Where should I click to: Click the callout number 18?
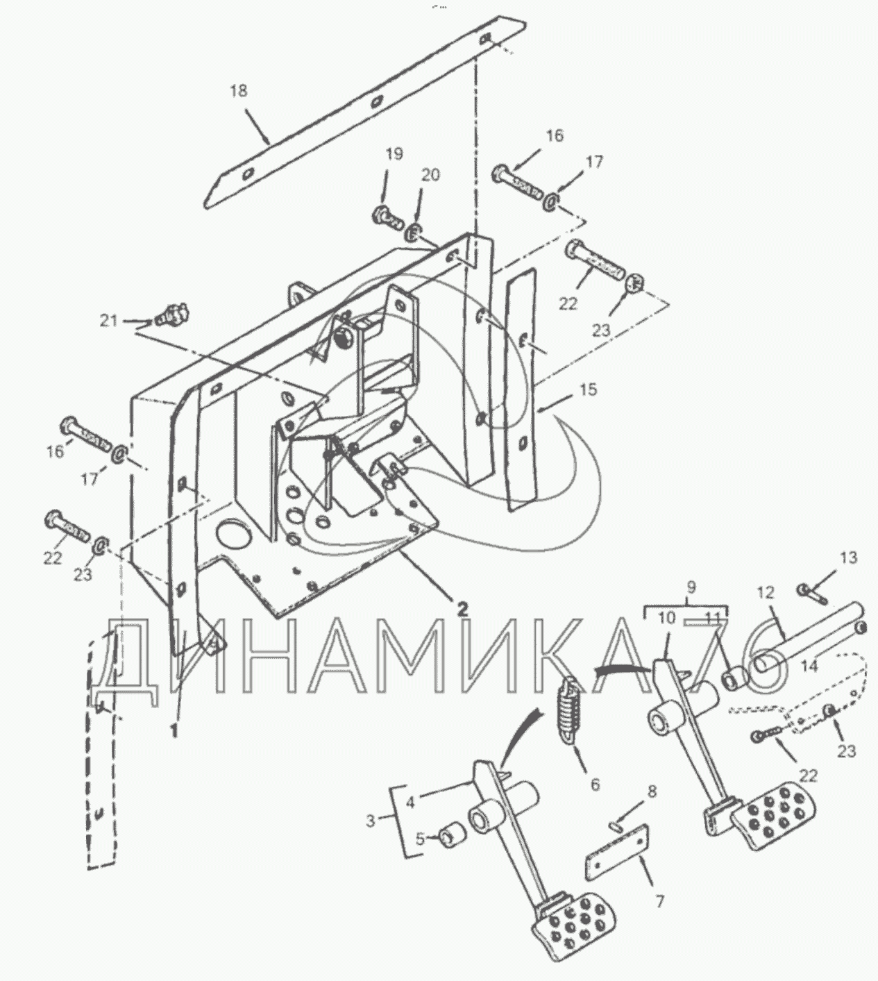pos(239,91)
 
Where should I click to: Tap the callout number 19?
pos(394,154)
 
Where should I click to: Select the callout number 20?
pos(430,175)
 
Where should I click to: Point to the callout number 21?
pos(108,321)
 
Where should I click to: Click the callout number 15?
pos(588,389)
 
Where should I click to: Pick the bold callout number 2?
pos(463,609)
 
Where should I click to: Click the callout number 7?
pos(659,902)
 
